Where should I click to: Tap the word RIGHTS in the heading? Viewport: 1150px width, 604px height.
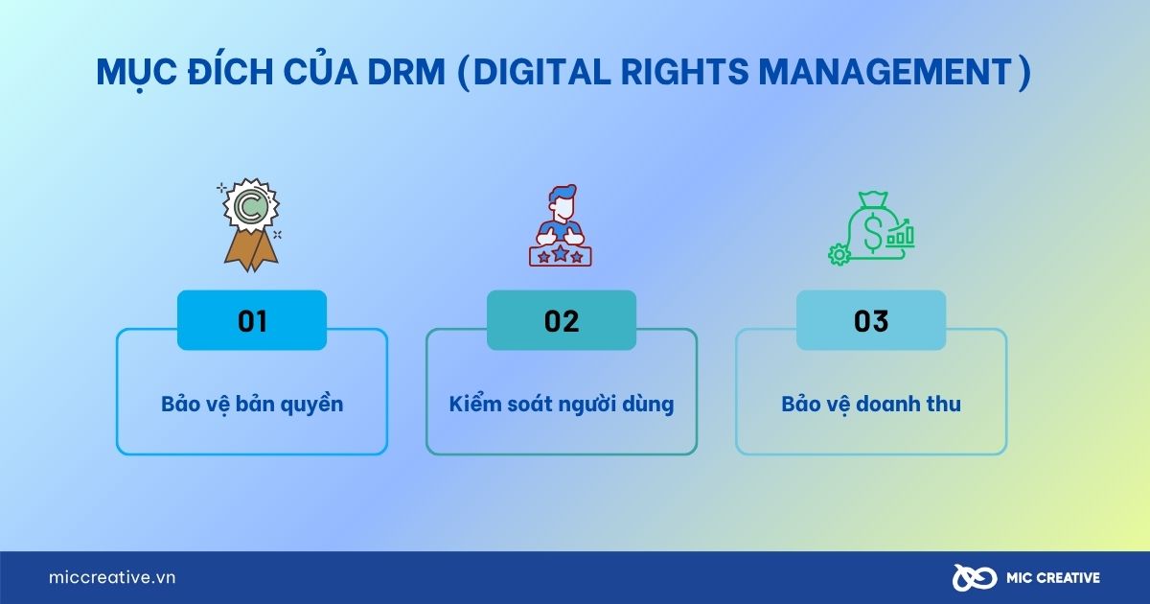[685, 72]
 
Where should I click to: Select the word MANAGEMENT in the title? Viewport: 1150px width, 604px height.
[885, 72]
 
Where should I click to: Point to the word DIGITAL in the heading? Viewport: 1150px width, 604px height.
[542, 72]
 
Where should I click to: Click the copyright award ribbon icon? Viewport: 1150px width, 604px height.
[251, 225]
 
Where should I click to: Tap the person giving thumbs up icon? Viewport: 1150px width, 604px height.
[561, 225]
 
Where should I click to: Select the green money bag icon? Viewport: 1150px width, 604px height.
[871, 228]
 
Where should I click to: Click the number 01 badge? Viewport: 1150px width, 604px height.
[252, 320]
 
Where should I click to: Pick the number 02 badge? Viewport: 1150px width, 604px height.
[562, 320]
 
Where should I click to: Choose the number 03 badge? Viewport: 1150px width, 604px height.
[871, 320]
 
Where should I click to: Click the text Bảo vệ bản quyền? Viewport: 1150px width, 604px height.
[252, 405]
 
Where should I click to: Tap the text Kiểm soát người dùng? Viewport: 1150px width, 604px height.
[562, 405]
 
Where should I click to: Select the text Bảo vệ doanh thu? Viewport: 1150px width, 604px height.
[871, 405]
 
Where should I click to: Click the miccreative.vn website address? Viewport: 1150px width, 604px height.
[112, 577]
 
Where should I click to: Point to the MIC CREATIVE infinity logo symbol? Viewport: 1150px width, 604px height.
[975, 578]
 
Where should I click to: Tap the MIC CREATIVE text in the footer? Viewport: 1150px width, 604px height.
[1053, 578]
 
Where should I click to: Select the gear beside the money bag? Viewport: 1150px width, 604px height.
[839, 254]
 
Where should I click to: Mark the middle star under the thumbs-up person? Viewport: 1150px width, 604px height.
[560, 253]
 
